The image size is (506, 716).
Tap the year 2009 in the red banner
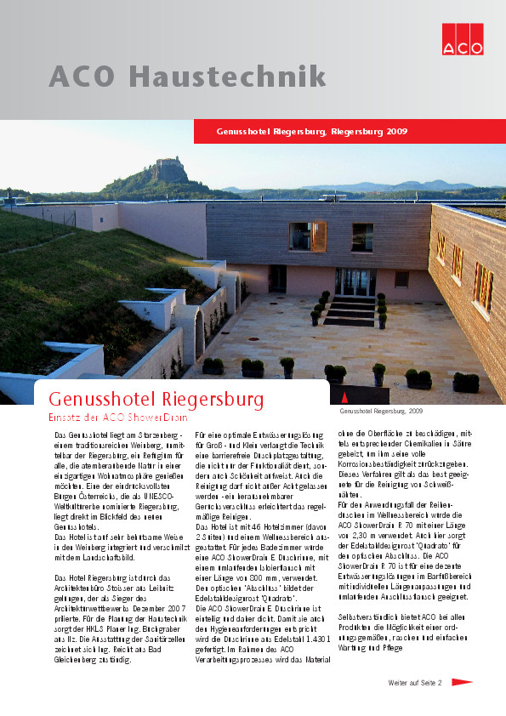[x=396, y=132]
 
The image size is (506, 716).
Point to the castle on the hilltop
[x=169, y=169]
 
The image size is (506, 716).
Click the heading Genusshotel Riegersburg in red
[x=156, y=400]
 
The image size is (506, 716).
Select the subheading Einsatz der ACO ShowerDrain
[x=117, y=418]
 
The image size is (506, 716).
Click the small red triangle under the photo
[x=344, y=397]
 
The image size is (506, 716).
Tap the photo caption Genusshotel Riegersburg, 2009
[x=381, y=411]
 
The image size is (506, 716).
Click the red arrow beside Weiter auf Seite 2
[x=462, y=682]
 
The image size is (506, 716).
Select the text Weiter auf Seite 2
[x=415, y=683]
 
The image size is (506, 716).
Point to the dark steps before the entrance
[x=350, y=312]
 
